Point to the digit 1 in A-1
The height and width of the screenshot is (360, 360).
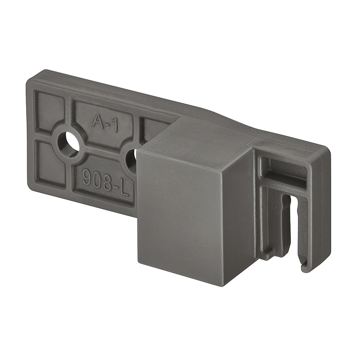click(x=115, y=126)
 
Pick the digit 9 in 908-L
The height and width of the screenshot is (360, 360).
click(x=87, y=177)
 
